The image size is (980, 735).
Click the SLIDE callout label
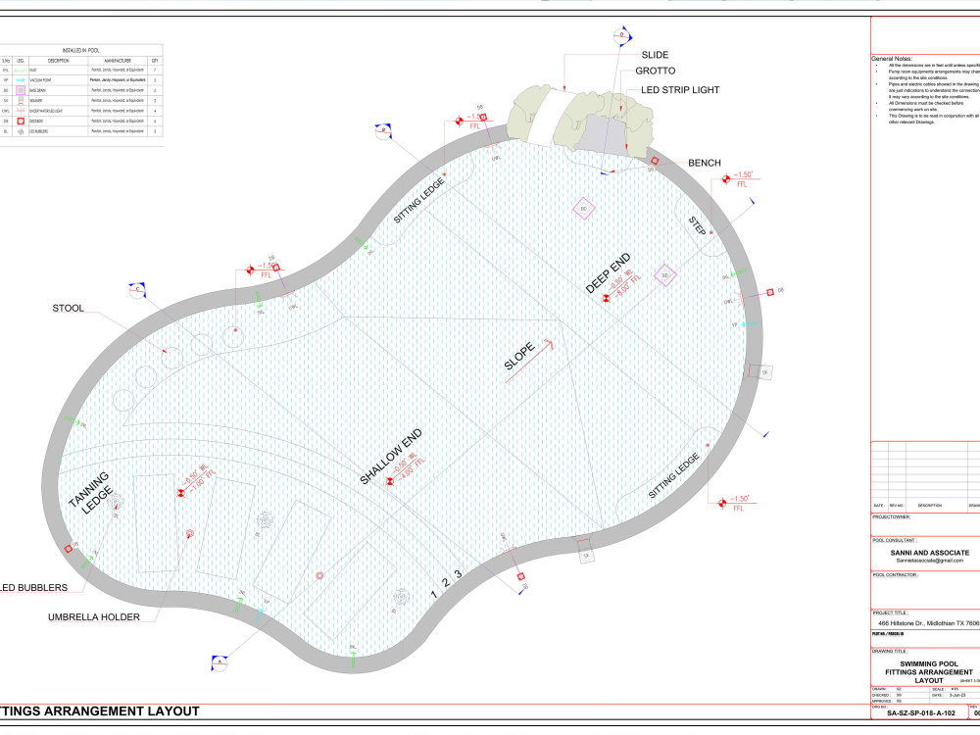tap(655, 55)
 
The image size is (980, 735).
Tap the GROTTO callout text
tap(655, 72)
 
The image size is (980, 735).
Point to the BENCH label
tap(706, 163)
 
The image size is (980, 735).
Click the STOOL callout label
tap(68, 310)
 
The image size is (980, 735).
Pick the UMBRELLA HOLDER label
tap(94, 617)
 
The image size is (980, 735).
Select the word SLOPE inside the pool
tap(519, 361)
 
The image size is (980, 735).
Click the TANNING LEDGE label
tap(92, 489)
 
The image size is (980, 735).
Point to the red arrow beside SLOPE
tap(544, 346)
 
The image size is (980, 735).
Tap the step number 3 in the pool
tap(457, 574)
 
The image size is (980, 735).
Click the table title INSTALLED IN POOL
tap(81, 48)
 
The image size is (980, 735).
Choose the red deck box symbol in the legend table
tap(20, 122)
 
